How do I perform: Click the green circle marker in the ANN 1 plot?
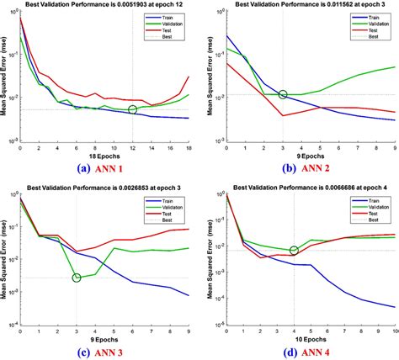(x=133, y=109)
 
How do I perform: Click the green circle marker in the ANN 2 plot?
(x=283, y=95)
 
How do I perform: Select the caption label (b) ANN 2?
(x=301, y=168)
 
